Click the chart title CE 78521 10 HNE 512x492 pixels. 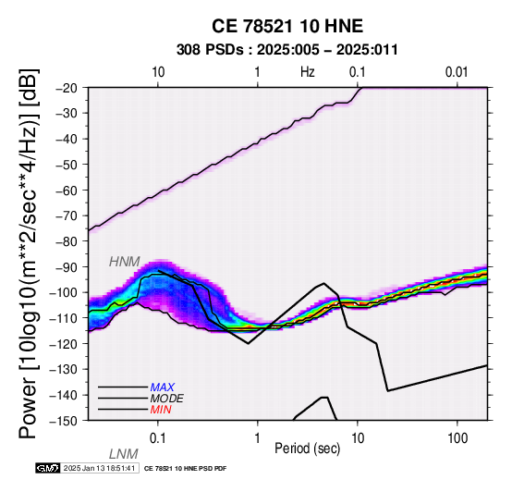(x=287, y=26)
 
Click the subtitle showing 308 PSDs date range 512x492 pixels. (x=287, y=50)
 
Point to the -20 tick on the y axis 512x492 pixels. (x=67, y=88)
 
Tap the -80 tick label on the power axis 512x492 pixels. (x=67, y=241)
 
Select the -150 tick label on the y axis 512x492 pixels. (x=65, y=421)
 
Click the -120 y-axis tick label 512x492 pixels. (x=65, y=344)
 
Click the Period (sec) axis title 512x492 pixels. (x=307, y=449)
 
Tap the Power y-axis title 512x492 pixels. (x=28, y=253)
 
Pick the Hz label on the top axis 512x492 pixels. (x=307, y=72)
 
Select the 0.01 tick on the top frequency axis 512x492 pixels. (x=457, y=72)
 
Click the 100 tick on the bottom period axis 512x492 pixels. (x=457, y=438)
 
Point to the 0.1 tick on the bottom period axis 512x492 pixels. (x=158, y=438)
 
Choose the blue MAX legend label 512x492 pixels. (x=163, y=387)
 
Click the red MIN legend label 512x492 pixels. (x=161, y=410)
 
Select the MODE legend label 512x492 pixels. (x=167, y=399)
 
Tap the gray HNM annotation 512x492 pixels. (x=125, y=262)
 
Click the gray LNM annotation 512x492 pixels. (x=124, y=454)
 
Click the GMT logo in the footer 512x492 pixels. (x=48, y=468)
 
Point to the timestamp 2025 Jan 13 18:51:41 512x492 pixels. (x=99, y=468)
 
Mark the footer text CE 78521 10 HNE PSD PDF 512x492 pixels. (x=185, y=469)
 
